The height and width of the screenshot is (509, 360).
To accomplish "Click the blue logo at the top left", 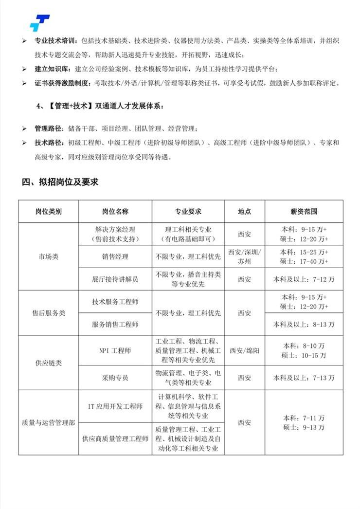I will (x=39, y=22).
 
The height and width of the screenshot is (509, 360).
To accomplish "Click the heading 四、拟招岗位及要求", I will (x=60, y=182).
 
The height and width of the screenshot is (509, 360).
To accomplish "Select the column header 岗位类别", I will (x=49, y=212).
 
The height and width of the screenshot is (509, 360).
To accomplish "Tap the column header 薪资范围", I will (x=304, y=212).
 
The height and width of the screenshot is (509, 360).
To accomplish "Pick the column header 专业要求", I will (x=188, y=212).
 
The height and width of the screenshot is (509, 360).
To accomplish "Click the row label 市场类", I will (x=49, y=257).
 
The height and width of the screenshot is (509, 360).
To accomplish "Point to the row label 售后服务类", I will (x=49, y=313).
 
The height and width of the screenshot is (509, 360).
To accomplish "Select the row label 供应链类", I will (x=49, y=363).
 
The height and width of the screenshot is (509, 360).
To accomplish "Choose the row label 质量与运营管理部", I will (x=49, y=422).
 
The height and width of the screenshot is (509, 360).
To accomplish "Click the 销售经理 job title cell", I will (x=115, y=257).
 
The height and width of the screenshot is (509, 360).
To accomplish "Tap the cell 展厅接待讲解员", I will (x=115, y=279).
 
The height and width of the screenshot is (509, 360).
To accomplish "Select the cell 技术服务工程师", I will (x=115, y=302).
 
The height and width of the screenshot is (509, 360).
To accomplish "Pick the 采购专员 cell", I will (x=115, y=378).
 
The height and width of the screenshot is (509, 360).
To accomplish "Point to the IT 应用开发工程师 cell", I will (x=115, y=406).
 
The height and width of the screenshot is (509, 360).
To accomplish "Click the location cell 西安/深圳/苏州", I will (x=245, y=257).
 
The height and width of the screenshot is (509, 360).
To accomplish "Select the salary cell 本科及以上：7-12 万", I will (x=304, y=279).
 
